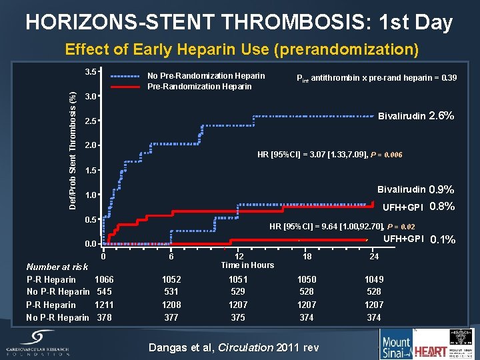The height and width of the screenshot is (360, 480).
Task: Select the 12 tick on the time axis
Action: click(239, 255)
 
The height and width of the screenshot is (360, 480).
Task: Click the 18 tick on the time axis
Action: click(306, 255)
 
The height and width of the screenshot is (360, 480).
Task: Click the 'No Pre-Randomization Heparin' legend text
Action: click(206, 75)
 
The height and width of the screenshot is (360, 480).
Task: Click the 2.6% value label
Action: click(441, 116)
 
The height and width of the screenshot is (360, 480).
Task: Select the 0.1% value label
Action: click(443, 240)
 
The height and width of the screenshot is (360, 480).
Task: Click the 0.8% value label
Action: click(442, 207)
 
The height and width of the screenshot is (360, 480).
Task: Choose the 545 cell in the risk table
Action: click(105, 291)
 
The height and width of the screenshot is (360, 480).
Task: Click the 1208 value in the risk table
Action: click(171, 305)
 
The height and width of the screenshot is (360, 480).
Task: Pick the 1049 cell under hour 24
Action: click(374, 279)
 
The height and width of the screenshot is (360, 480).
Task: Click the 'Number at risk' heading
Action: click(57, 267)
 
